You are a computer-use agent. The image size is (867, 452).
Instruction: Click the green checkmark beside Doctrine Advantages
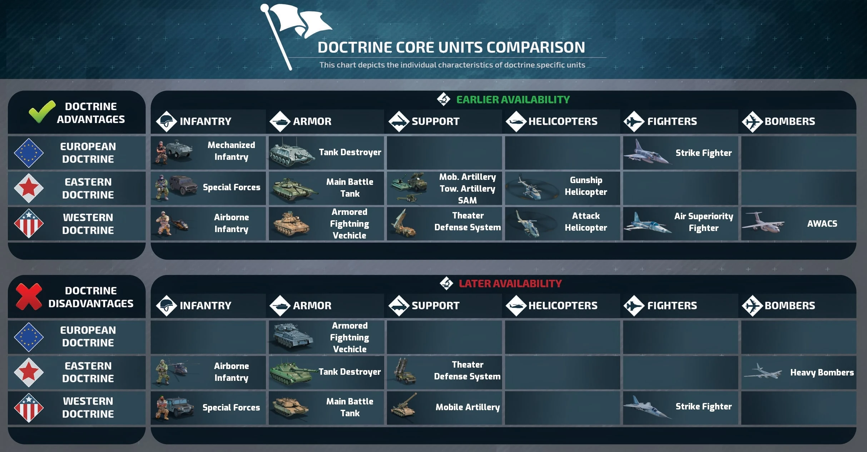pos(42,112)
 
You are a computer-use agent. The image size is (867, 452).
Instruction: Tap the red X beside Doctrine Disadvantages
pos(29,296)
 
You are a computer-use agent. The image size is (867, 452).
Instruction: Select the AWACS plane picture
pos(763,223)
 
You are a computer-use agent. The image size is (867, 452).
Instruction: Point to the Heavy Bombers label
pos(822,372)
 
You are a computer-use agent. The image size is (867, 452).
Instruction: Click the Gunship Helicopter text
pos(586,186)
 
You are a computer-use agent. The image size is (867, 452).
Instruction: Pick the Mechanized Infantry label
pos(231,151)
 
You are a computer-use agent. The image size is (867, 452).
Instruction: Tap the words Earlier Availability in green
pos(513,99)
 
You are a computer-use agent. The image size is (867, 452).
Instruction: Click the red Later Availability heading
pos(510,284)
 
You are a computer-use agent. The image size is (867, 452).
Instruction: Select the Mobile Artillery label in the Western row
pos(467,407)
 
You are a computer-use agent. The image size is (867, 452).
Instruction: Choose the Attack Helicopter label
pos(586,222)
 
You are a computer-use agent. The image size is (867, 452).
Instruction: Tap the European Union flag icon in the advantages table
pos(29,153)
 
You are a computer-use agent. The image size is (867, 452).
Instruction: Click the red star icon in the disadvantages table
pos(29,372)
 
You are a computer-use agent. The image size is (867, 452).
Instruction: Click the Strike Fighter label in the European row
pos(703,153)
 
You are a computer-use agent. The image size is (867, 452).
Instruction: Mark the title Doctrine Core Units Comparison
pos(451,47)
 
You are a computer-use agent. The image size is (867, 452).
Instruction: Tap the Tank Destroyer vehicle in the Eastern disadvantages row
pos(293,372)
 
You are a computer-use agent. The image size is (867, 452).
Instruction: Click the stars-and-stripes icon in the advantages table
pos(29,223)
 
